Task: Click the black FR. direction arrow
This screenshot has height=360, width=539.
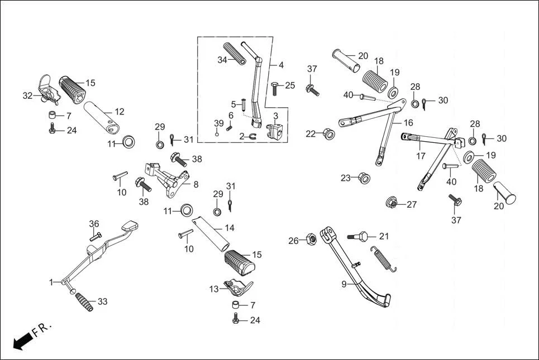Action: click(22, 339)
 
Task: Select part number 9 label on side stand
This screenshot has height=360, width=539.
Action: click(344, 284)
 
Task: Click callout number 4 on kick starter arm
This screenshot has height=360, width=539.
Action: click(281, 65)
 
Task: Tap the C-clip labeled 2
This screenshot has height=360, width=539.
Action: click(251, 136)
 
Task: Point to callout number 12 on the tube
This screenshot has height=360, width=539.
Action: click(119, 112)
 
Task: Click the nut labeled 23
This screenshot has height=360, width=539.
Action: click(362, 177)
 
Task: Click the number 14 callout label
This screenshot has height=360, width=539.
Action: click(230, 228)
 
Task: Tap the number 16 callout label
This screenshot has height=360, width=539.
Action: click(408, 122)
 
